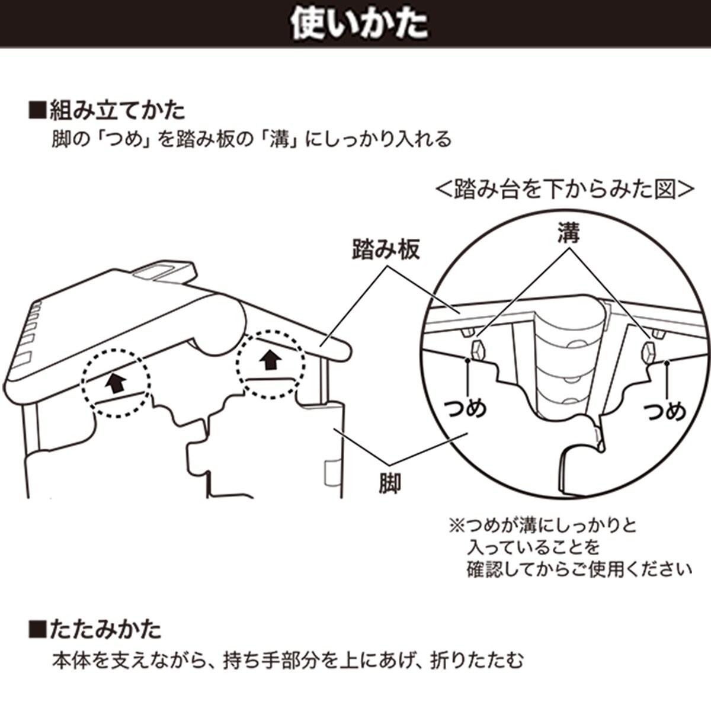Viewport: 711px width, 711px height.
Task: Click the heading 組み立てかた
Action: tap(117, 111)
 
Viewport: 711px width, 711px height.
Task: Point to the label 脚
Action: tap(389, 483)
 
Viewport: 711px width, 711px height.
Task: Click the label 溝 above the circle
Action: tap(568, 233)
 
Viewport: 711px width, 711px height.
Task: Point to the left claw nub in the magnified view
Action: tap(476, 350)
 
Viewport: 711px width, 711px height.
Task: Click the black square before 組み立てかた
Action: tap(37, 111)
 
